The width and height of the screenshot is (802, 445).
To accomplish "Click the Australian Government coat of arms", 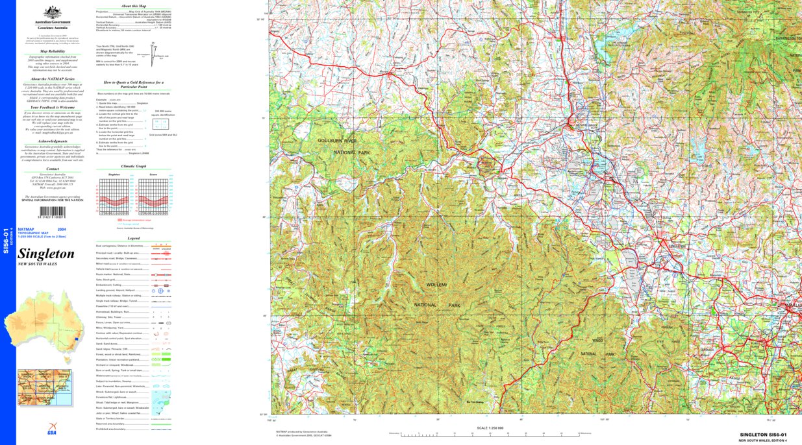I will tap(53, 12).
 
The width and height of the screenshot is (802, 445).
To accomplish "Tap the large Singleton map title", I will tap(46, 254).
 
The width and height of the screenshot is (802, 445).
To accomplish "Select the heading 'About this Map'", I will tap(133, 5).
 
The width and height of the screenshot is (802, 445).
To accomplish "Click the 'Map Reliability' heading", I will tap(53, 51).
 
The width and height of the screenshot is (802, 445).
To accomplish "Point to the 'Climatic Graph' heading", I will tap(133, 167).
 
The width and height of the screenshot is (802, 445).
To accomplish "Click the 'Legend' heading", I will tap(133, 239).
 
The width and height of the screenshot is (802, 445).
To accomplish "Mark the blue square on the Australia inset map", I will tap(78, 339).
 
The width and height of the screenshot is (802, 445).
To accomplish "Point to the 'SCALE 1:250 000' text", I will tap(490, 427).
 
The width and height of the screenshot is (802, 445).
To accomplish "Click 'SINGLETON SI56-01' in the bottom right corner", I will tap(763, 435).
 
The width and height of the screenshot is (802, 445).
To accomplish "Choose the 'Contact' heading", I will tap(53, 169).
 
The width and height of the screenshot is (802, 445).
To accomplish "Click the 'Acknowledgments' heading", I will tap(53, 141).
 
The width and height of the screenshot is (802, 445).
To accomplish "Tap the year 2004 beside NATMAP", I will tap(61, 230).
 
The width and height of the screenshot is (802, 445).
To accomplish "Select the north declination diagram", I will tap(155, 51).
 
